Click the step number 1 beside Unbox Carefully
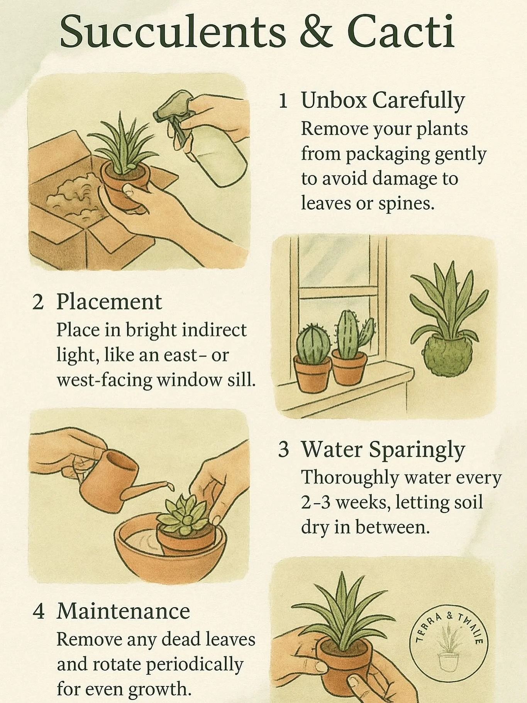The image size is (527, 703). pyautogui.click(x=283, y=101)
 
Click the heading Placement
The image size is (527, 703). pyautogui.click(x=109, y=302)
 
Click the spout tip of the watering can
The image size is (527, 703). pyautogui.click(x=169, y=483)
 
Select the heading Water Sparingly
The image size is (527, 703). pyautogui.click(x=383, y=450)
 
